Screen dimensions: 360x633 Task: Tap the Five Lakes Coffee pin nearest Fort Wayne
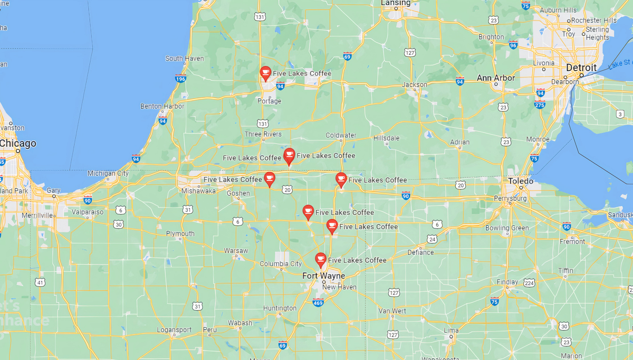[x=320, y=259]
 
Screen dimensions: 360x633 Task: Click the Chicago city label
[x=18, y=144]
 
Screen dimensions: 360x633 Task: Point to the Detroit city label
[x=581, y=68]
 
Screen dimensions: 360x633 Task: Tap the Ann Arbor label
[x=496, y=78]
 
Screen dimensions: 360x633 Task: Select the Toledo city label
[x=521, y=181]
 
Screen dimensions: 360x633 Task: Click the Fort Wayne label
[x=324, y=276]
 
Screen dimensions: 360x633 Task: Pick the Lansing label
[x=396, y=3]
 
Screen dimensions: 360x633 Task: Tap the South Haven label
[x=185, y=59]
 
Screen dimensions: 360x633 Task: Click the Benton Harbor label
[x=162, y=106]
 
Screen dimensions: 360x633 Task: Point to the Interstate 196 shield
[x=180, y=79]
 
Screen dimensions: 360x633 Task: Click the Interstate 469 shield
[x=318, y=302]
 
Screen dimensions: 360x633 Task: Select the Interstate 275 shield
[x=539, y=105]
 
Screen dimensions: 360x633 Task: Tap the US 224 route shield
[x=529, y=283]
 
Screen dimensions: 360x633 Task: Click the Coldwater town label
[x=341, y=135]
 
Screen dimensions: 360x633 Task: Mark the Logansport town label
[x=174, y=330]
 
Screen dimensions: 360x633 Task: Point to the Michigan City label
[x=108, y=173]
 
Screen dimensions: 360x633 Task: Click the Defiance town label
[x=420, y=252]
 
